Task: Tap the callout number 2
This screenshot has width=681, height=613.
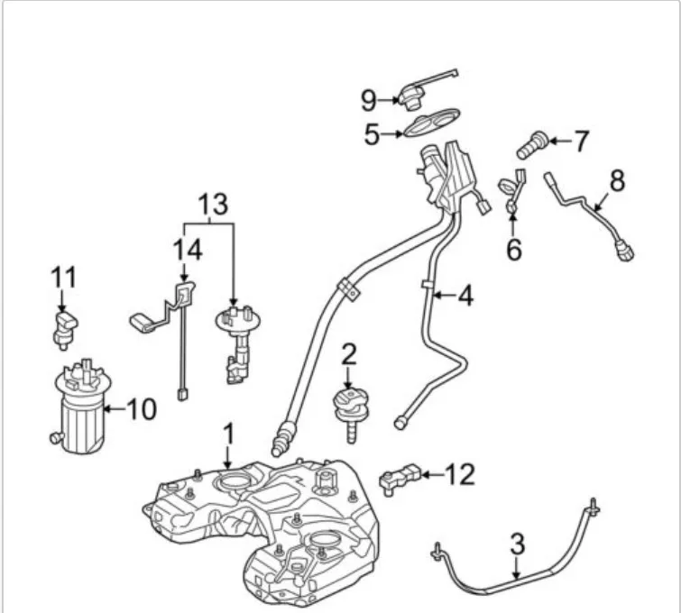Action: click(349, 354)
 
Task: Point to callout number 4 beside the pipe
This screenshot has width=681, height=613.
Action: click(465, 295)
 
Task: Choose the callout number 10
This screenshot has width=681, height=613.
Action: click(141, 410)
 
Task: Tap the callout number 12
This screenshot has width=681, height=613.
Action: click(460, 474)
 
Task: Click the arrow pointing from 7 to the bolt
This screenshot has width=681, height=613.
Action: click(553, 141)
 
